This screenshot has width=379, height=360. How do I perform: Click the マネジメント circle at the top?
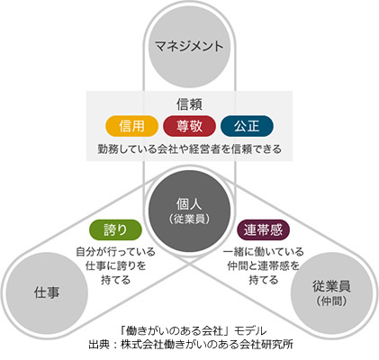pyautogui.click(x=189, y=47)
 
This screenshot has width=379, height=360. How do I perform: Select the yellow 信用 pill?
pyautogui.click(x=131, y=126)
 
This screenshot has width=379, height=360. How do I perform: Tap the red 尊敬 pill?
pyautogui.click(x=189, y=126)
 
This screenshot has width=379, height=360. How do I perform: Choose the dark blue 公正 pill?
pyautogui.click(x=247, y=126)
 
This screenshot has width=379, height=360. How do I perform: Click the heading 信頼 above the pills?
pyautogui.click(x=189, y=104)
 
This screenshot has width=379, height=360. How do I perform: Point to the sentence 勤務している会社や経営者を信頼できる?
pyautogui.click(x=190, y=149)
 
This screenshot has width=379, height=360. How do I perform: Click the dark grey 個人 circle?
pyautogui.click(x=189, y=211)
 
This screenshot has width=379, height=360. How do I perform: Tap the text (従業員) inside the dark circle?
pyautogui.click(x=189, y=220)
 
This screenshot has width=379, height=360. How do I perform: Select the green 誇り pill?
pyautogui.click(x=115, y=229)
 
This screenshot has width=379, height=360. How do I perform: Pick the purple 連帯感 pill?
pyautogui.click(x=263, y=229)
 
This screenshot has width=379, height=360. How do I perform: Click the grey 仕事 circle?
pyautogui.click(x=47, y=293)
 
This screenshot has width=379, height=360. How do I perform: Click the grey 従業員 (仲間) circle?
pyautogui.click(x=332, y=293)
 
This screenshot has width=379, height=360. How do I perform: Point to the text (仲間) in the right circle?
pyautogui.click(x=332, y=301)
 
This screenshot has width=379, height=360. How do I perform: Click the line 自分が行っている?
pyautogui.click(x=115, y=251)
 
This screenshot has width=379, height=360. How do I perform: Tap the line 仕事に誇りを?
pyautogui.click(x=115, y=265)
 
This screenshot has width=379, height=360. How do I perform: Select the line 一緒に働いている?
pyautogui.click(x=263, y=251)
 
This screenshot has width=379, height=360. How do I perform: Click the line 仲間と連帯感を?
pyautogui.click(x=263, y=265)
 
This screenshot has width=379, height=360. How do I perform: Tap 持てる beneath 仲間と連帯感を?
pyautogui.click(x=263, y=280)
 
